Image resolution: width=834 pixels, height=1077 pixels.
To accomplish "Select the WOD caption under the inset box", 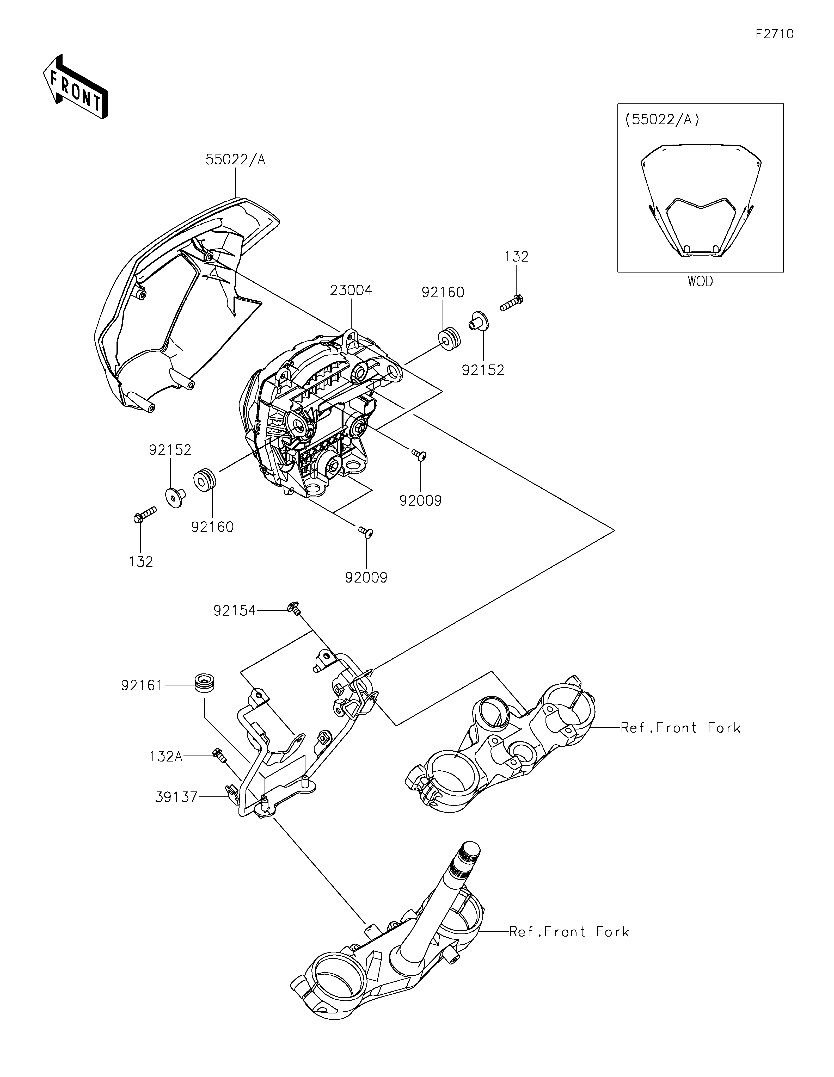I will (700, 282).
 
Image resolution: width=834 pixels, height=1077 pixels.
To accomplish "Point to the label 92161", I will (142, 685).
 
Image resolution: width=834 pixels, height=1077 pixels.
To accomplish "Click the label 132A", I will (166, 757).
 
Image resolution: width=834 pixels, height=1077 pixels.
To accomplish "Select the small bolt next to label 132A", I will (218, 755).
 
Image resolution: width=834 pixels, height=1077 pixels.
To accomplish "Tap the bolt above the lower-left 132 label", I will (144, 514).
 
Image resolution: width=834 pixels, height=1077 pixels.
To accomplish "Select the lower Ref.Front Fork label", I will (569, 932).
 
